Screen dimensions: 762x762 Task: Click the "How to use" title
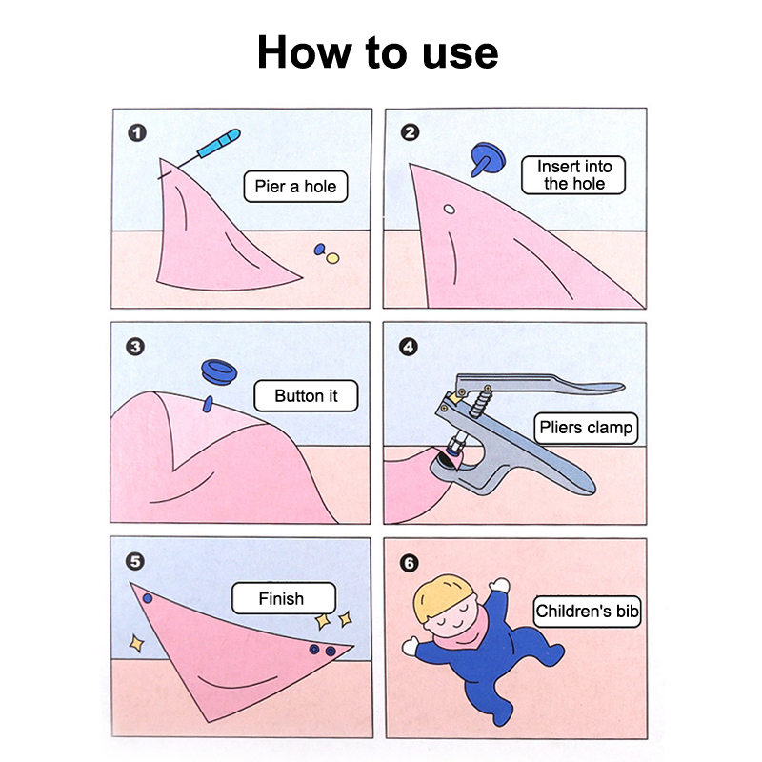pos(377,52)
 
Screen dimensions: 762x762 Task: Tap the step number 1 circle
pos(137,132)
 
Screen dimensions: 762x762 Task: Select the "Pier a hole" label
pos(295,187)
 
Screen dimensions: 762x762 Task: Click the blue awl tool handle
pos(219,143)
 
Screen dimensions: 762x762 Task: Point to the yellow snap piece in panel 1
pos(332,258)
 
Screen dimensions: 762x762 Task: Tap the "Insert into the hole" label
pos(573,175)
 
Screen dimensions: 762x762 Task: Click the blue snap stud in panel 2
pos(487,158)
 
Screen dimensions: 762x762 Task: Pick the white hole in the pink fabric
pos(450,210)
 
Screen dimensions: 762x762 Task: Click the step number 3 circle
pos(135,347)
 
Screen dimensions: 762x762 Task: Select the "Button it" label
pos(306,396)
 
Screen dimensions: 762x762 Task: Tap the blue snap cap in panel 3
pos(219,372)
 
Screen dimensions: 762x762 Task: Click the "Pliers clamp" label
pos(586,428)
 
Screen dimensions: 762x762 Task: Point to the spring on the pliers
pos(482,402)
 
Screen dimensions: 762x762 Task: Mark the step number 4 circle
pos(409,347)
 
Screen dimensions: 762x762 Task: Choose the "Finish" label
pos(284,598)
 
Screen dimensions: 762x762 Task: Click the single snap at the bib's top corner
pos(148,598)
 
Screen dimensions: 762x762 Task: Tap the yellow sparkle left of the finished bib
pos(136,644)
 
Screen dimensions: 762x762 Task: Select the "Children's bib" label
pos(587,612)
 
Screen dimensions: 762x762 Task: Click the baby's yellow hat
pos(441,596)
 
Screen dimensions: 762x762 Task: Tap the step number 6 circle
pos(409,563)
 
